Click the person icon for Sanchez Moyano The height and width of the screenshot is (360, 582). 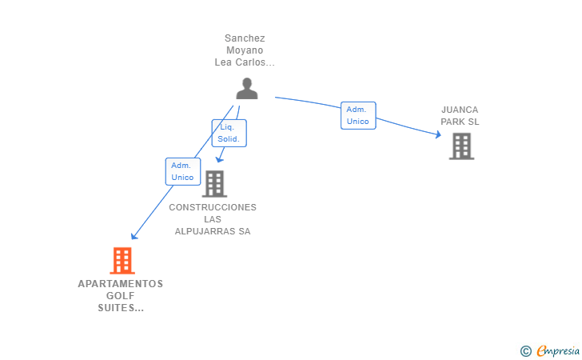click(247, 89)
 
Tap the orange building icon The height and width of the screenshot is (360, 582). click(122, 261)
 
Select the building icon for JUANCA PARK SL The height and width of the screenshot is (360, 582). click(462, 146)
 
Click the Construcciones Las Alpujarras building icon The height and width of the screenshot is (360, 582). click(214, 184)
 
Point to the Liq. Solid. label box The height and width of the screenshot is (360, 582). click(229, 133)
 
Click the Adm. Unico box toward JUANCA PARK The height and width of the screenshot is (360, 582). click(358, 115)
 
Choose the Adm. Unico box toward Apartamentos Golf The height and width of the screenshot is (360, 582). click(183, 172)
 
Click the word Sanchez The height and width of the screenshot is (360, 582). click(245, 38)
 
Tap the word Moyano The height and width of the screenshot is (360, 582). click(245, 50)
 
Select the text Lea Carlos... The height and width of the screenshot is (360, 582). click(240, 62)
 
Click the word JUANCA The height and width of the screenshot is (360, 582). click(460, 110)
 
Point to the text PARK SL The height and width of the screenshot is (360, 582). click(460, 122)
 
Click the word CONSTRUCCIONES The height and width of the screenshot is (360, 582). click(213, 207)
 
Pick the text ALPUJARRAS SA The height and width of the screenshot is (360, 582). click(213, 231)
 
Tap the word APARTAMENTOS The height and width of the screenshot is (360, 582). click(121, 284)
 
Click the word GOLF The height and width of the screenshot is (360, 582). click(121, 296)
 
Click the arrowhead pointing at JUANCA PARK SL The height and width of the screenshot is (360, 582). click(438, 134)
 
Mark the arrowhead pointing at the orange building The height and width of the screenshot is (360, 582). click(134, 236)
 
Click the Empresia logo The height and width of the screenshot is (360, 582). click(550, 350)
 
